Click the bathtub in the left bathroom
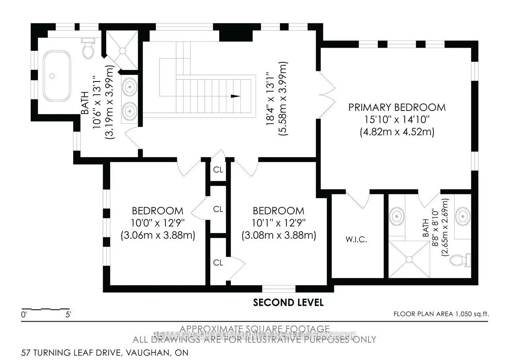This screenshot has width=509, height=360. (x=57, y=75)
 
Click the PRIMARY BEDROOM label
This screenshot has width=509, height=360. (x=397, y=107)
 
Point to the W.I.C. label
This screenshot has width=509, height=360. (x=356, y=240)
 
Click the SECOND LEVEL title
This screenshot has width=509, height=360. (x=288, y=303)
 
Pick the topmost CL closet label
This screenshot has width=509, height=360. (x=218, y=169)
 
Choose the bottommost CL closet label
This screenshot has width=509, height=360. (x=218, y=263)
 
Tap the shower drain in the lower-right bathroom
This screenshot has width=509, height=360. (x=408, y=259)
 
